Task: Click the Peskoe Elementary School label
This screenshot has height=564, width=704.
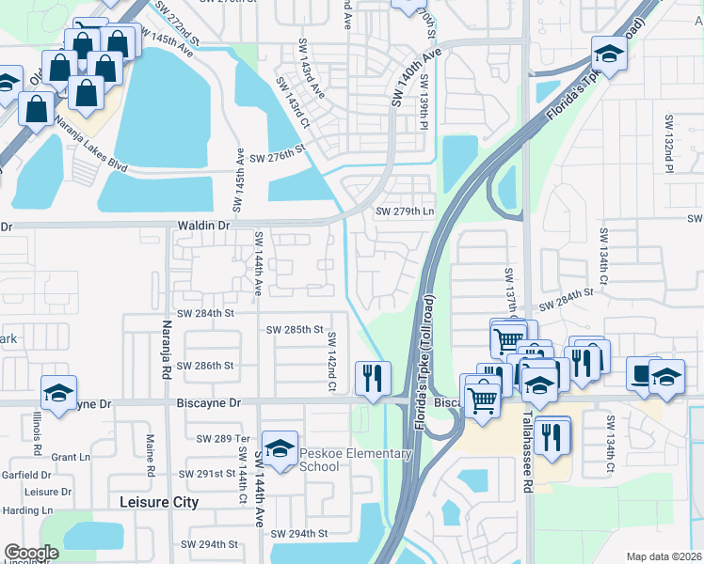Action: coord(356,461)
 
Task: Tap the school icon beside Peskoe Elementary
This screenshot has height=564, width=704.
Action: coord(280,447)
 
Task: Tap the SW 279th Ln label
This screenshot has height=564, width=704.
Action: coord(405,211)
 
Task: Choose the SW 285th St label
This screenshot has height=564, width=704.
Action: coord(295,331)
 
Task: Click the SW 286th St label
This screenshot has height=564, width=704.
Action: coord(202,366)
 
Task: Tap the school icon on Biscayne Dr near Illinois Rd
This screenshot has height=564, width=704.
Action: coord(58,393)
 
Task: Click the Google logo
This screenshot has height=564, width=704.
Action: coord(32,553)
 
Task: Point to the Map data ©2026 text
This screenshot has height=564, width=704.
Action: coord(663,556)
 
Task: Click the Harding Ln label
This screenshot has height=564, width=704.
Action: coord(20,510)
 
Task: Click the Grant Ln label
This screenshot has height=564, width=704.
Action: coord(69,458)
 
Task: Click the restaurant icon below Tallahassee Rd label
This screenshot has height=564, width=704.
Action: coord(552,435)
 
